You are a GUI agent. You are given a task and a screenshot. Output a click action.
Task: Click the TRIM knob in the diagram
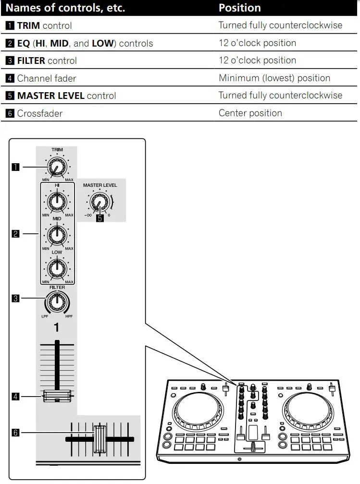pos(57,167)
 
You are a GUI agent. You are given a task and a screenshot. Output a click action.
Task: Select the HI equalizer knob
pos(57,202)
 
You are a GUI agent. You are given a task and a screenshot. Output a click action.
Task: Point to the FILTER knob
pos(57,301)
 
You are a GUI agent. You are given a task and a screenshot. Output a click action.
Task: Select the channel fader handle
pos(57,396)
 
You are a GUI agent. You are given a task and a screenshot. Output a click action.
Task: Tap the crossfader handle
pos(99,439)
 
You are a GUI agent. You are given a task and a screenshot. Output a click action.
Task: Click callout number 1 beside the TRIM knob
pos(16,167)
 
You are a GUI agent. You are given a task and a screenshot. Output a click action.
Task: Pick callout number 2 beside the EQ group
pos(16,234)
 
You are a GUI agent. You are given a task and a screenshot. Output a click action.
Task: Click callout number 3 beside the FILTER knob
pos(16,299)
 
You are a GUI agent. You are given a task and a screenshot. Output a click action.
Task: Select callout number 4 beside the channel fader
pos(16,396)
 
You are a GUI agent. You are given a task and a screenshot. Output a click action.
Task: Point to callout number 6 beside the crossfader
pos(16,433)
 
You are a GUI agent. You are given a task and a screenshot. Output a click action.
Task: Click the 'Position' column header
pos(240,8)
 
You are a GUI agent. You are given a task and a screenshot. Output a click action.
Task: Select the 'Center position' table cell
pos(250,113)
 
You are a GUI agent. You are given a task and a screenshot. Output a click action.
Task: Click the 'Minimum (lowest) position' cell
pos(274,78)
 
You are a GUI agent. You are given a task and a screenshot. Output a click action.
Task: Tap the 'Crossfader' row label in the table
pos(39,113)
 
